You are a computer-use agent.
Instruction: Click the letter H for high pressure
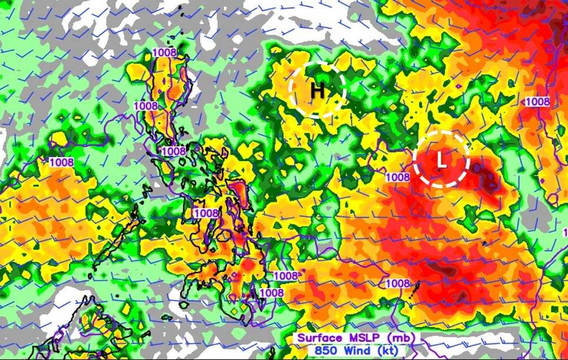click(x=317, y=91)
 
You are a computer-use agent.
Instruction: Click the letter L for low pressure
click(x=441, y=160)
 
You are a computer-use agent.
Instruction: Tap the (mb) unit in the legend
click(x=402, y=338)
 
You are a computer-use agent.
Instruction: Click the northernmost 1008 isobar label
click(x=164, y=52)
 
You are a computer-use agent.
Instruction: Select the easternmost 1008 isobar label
click(x=537, y=101)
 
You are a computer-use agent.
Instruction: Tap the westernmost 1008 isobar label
click(x=61, y=162)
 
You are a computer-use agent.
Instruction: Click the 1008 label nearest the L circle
click(x=397, y=176)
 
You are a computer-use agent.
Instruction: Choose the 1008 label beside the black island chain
click(x=397, y=284)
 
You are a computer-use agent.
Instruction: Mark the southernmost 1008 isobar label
click(x=271, y=292)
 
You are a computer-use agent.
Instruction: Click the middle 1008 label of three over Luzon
click(x=145, y=106)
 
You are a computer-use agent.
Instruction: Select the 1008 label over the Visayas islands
click(x=206, y=213)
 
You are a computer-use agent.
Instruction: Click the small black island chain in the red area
click(x=417, y=288)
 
